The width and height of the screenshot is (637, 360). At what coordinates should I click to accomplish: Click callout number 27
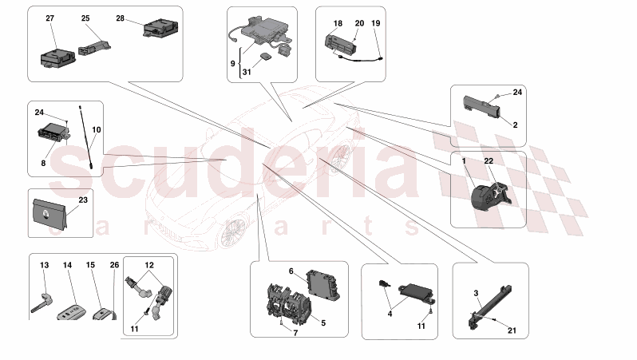[50, 18]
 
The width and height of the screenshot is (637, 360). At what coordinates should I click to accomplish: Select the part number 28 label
[120, 18]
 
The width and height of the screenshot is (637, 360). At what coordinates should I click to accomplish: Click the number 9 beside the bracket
[232, 62]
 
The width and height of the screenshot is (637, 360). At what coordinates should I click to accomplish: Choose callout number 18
[338, 25]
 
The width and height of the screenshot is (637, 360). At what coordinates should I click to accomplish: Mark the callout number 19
[376, 25]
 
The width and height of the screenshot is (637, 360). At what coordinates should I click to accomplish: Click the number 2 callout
[515, 125]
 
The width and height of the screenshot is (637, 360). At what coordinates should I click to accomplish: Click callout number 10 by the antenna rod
[97, 129]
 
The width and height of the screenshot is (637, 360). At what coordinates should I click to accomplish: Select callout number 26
[114, 264]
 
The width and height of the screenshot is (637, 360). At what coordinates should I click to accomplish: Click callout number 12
[148, 264]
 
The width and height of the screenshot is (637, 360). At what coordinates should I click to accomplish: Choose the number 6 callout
[291, 271]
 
